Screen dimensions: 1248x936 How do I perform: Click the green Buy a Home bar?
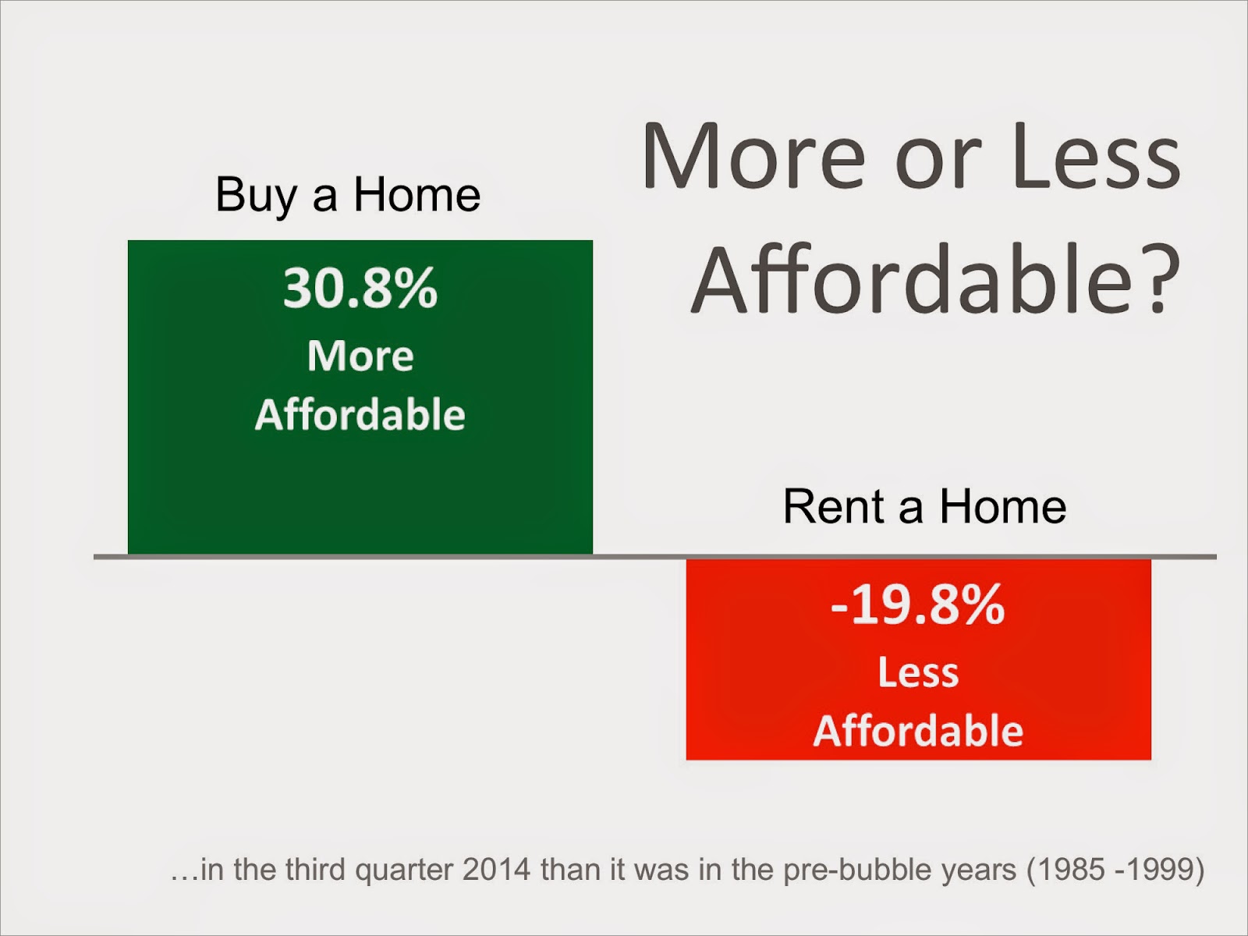tap(360, 397)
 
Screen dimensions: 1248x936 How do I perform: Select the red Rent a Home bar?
tap(918, 659)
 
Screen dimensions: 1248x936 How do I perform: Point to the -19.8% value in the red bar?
tap(917, 604)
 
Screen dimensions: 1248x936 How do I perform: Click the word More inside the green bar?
tap(360, 356)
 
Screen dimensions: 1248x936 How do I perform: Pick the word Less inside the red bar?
tap(918, 672)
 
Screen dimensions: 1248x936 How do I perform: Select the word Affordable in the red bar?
tap(918, 730)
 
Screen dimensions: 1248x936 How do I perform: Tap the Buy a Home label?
tap(348, 195)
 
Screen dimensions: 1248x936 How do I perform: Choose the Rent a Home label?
tap(924, 505)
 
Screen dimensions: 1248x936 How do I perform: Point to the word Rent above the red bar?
tap(834, 506)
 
